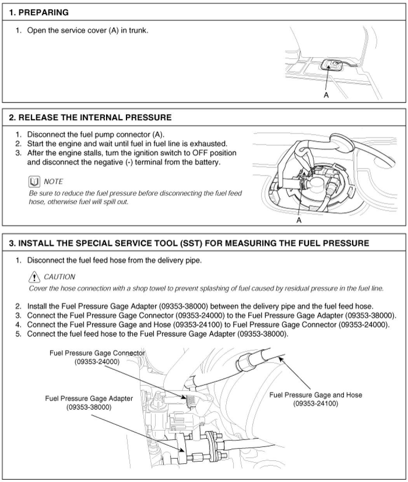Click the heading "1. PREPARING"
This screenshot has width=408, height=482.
tap(38, 12)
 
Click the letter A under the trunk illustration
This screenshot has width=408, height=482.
tap(326, 95)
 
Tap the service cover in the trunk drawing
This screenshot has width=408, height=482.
tap(333, 65)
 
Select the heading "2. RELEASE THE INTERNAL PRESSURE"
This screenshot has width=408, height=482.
tap(90, 117)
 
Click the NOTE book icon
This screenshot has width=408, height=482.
tap(34, 181)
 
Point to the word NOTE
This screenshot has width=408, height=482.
tap(53, 182)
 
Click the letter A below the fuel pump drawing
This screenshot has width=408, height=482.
tap(299, 220)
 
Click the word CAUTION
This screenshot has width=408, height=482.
tap(59, 277)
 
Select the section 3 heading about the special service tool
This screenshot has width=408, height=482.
tap(189, 244)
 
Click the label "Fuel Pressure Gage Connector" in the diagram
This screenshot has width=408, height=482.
tap(97, 353)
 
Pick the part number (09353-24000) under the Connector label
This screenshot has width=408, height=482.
tap(97, 361)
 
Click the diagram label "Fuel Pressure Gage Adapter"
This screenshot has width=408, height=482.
tap(89, 399)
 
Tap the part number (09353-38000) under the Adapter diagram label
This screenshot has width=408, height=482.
tap(89, 407)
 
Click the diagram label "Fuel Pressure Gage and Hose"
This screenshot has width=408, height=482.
tap(316, 395)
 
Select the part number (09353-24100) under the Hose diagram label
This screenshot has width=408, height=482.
tap(316, 403)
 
